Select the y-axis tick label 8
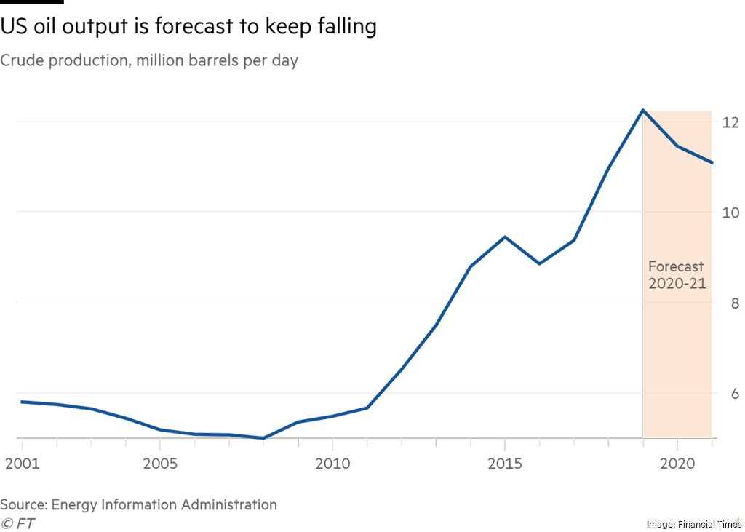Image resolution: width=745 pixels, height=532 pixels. pos(733,303)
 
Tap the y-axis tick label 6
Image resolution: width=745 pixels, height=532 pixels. pos(733,393)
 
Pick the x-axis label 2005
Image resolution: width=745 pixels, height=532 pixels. pos(160,463)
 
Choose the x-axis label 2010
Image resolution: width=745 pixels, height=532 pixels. pos(332,463)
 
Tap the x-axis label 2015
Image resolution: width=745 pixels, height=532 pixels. pos(505,463)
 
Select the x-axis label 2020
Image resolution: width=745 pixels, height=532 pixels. pos(677,463)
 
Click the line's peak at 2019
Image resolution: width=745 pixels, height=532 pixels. pos(642,110)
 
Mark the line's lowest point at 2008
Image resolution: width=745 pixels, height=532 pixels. pos(263,438)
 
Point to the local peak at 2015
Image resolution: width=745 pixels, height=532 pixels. pos(505,237)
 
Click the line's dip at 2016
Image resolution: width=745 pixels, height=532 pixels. pos(539,263)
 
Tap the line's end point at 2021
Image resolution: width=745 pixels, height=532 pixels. pos(712,163)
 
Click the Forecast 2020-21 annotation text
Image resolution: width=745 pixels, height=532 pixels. pos(677,275)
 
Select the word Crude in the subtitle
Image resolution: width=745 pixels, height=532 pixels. pos(21,61)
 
